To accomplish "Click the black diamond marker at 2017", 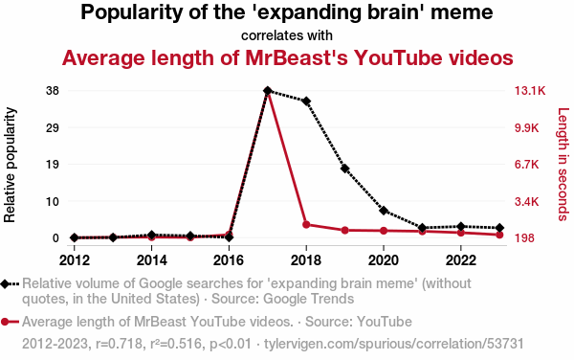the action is [x=268, y=90].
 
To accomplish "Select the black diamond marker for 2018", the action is [x=306, y=101].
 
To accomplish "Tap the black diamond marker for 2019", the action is [x=344, y=169].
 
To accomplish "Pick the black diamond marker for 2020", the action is [x=384, y=211].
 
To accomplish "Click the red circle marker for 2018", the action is [x=306, y=224].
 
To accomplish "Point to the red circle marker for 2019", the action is [x=344, y=231].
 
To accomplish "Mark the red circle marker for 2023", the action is [x=499, y=235].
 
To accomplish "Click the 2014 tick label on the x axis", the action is [x=151, y=260].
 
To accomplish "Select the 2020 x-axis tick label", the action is [x=384, y=260].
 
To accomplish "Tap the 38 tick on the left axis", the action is [x=53, y=90].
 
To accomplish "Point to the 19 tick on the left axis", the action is [x=53, y=164].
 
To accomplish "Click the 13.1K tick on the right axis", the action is [x=530, y=90].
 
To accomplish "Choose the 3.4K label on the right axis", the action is [x=527, y=201].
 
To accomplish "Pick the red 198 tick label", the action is [x=524, y=238].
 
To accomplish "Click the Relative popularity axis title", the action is [x=10, y=165].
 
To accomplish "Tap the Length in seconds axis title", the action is [x=563, y=164].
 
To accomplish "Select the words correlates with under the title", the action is [x=287, y=35].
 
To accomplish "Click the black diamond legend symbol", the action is [x=5, y=283].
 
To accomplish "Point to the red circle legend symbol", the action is [x=5, y=322].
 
